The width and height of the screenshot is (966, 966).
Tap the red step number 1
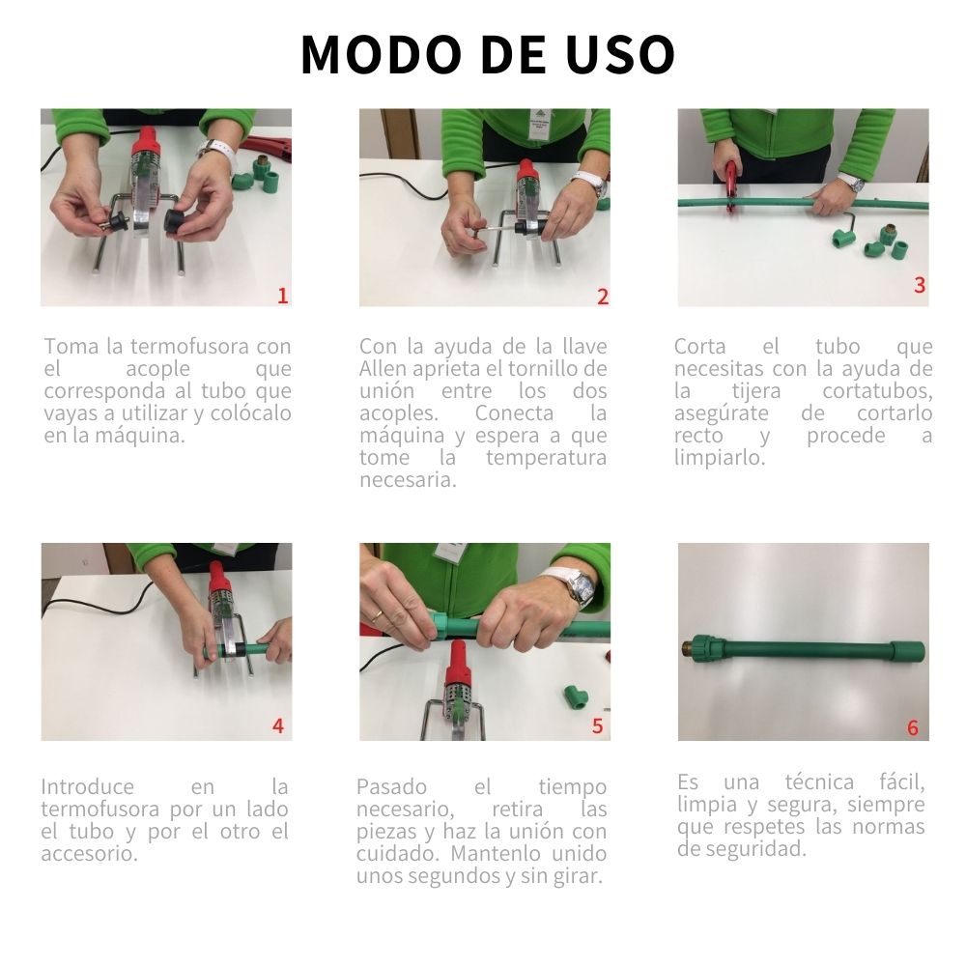pyautogui.click(x=282, y=296)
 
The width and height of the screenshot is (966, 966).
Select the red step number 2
pyautogui.click(x=602, y=297)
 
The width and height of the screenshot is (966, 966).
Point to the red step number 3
pyautogui.click(x=919, y=285)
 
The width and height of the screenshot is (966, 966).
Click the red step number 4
pyautogui.click(x=278, y=725)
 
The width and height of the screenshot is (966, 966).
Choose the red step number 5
pyautogui.click(x=597, y=725)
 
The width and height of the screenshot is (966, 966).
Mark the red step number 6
pyautogui.click(x=912, y=727)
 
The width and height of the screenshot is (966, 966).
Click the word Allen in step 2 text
pyautogui.click(x=384, y=369)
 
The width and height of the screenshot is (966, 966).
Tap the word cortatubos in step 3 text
pyautogui.click(x=877, y=391)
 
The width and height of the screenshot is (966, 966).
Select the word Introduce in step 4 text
pyautogui.click(x=87, y=786)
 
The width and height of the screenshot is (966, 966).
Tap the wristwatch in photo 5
pyautogui.click(x=578, y=586)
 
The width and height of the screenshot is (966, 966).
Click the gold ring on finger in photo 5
pyautogui.click(x=377, y=614)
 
